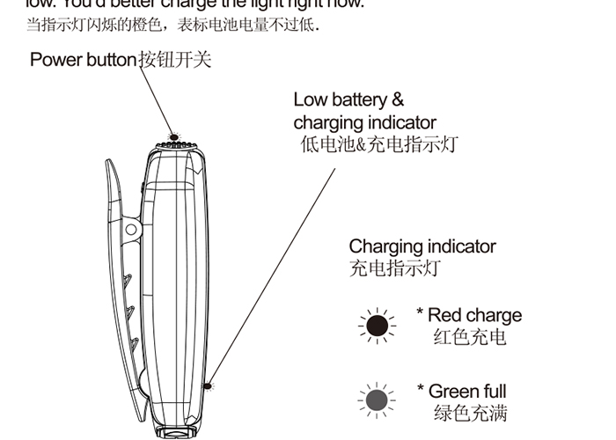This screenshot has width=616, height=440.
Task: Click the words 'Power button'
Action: pyautogui.click(x=84, y=60)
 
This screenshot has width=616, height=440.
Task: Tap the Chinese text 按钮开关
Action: pyautogui.click(x=175, y=60)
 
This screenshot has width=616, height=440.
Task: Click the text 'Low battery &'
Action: pyautogui.click(x=348, y=99)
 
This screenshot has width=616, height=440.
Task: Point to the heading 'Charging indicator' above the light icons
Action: pyautogui.click(x=422, y=246)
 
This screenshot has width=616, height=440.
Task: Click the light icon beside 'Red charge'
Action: pyautogui.click(x=378, y=326)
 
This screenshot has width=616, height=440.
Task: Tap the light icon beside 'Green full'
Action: pyautogui.click(x=378, y=401)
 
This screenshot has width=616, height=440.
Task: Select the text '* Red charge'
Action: pyautogui.click(x=469, y=315)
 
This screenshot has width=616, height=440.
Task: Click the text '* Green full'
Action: pyautogui.click(x=462, y=391)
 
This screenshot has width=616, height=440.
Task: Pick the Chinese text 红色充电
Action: pyautogui.click(x=470, y=337)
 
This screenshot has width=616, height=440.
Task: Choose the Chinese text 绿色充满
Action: pyautogui.click(x=470, y=413)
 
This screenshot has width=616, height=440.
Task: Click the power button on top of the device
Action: pyautogui.click(x=174, y=138)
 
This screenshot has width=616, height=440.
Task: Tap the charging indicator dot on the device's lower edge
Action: pyautogui.click(x=208, y=385)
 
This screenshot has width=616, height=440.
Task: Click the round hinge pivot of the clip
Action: pyautogui.click(x=131, y=230)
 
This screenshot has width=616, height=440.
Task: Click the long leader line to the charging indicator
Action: pyautogui.click(x=273, y=273)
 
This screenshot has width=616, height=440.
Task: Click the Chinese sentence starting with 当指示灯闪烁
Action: pyautogui.click(x=172, y=25)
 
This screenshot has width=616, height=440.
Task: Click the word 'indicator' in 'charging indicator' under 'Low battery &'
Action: pyautogui.click(x=401, y=122)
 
